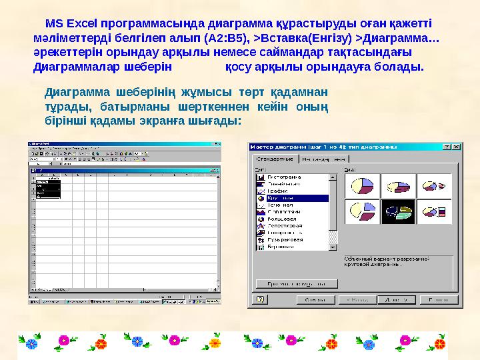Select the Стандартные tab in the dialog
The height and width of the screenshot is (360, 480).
[x=275, y=159]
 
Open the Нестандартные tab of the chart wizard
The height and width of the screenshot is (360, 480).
[x=324, y=159]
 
